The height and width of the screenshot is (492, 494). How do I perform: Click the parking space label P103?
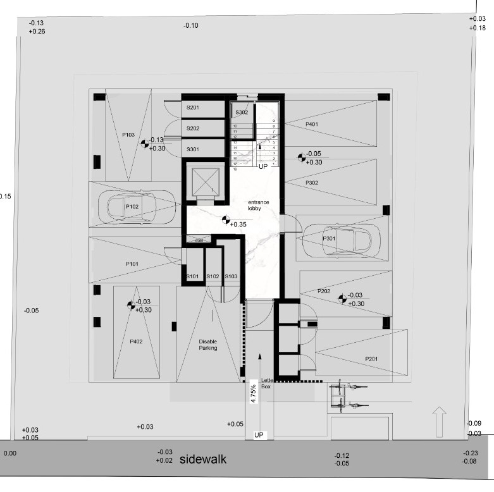point(128,135)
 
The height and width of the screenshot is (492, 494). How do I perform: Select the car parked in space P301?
point(337,239)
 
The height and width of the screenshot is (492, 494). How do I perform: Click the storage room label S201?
point(193,108)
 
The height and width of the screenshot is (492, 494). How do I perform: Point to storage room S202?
point(193,128)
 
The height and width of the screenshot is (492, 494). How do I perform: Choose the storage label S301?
point(193,149)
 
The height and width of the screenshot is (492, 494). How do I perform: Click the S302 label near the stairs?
point(242,113)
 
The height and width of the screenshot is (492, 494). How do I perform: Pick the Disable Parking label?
point(207,345)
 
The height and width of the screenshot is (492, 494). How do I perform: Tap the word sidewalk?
point(203,460)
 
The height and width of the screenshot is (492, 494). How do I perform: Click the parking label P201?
point(371,359)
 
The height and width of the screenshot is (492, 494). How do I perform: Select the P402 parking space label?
point(136,341)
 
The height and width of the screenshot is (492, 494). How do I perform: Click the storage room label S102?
point(213,277)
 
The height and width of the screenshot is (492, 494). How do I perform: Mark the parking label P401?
point(311,125)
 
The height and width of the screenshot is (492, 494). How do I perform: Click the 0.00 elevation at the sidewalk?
point(10,453)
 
